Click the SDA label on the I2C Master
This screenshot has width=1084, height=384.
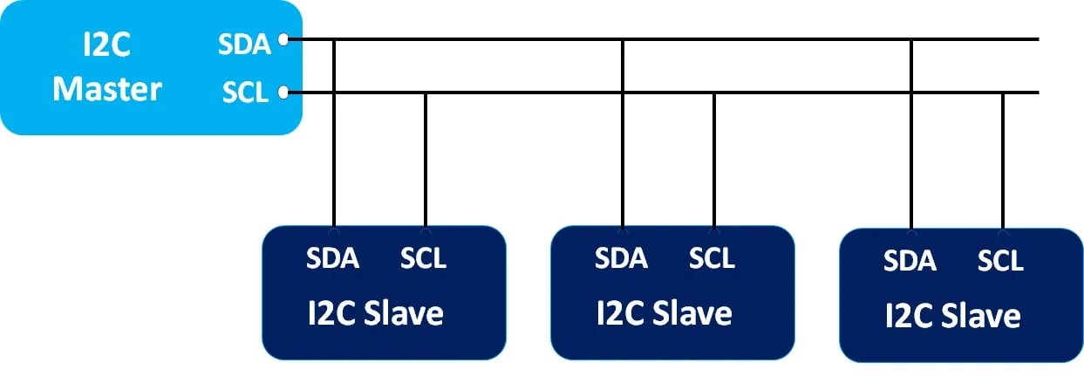click(244, 43)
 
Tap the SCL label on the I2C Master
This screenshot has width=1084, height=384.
click(245, 93)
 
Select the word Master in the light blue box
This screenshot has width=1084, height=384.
click(107, 90)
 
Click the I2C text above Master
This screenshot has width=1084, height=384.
click(106, 45)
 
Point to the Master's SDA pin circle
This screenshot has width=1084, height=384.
click(283, 38)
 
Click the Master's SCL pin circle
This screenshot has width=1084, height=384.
click(283, 92)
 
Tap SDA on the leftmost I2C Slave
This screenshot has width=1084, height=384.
click(332, 258)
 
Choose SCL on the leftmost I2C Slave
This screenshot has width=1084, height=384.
click(424, 258)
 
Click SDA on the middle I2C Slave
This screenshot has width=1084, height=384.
click(621, 258)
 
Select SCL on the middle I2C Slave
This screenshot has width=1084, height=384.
click(712, 258)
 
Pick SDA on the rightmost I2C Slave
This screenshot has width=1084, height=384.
click(910, 260)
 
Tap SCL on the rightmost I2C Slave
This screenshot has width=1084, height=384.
click(1001, 260)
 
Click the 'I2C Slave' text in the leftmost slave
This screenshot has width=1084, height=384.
click(376, 312)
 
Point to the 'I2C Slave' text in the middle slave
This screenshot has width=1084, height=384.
click(665, 312)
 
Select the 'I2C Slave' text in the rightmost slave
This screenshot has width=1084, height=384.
click(953, 315)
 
